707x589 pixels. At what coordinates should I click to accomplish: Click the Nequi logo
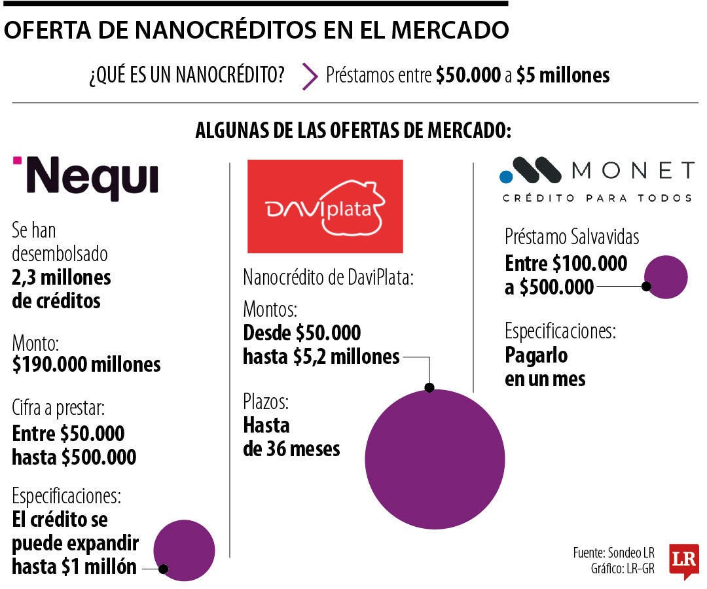tap(85, 177)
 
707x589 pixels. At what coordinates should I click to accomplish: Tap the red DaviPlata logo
tap(325, 206)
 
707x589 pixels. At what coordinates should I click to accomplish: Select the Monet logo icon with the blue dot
tap(531, 172)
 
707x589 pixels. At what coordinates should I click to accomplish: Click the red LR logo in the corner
tap(683, 560)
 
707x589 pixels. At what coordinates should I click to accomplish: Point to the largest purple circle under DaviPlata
tap(435, 459)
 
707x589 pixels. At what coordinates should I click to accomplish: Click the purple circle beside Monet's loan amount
tap(666, 277)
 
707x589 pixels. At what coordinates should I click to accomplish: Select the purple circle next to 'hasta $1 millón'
tap(184, 551)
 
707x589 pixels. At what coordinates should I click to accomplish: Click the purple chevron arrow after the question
tap(309, 76)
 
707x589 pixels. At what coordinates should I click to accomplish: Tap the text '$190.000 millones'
tap(86, 364)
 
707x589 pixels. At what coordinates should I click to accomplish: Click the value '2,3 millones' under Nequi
tap(62, 277)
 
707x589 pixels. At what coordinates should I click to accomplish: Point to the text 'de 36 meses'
tap(291, 449)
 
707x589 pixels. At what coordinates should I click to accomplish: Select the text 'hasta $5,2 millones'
tap(321, 357)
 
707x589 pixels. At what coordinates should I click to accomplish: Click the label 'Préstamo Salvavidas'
tap(571, 237)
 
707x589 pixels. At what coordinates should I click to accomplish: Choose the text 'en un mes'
tap(545, 379)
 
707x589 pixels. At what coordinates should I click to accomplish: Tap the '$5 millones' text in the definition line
tap(562, 76)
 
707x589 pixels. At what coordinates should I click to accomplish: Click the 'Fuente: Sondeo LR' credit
tap(613, 552)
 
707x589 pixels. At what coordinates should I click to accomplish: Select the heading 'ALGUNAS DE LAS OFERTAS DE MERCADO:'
tap(353, 130)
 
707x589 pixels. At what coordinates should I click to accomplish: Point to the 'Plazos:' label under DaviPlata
tap(265, 401)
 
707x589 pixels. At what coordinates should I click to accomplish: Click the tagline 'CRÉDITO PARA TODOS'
tap(596, 198)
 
